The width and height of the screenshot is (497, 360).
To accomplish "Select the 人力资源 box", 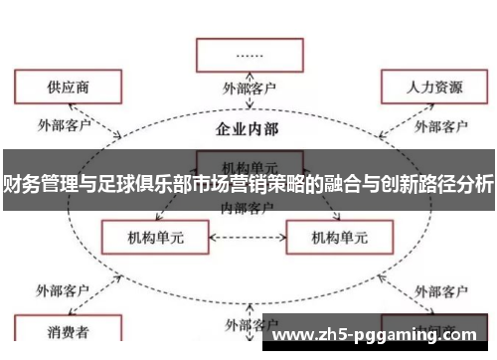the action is [433, 88].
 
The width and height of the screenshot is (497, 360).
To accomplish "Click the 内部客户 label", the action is [247, 208].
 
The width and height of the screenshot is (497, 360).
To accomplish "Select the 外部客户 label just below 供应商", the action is [64, 125].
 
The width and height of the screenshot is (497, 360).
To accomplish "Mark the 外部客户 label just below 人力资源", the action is [440, 126].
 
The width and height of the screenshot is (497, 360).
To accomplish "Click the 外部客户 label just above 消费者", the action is [64, 291].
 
